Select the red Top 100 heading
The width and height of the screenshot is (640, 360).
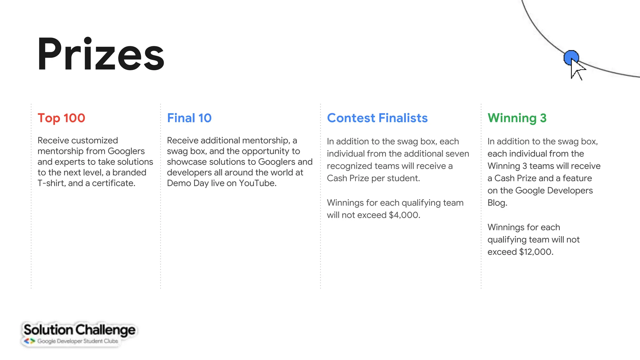pos(61,118)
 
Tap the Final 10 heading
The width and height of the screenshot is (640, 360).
pos(189,118)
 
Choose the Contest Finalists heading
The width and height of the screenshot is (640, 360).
pos(377,118)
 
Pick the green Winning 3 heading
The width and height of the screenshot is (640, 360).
pos(517,118)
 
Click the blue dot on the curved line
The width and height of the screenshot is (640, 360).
pos(571,57)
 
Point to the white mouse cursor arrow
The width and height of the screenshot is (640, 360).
pos(577,70)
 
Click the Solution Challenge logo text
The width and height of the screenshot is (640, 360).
pos(79,330)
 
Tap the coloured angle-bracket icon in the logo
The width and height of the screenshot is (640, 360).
pos(30,341)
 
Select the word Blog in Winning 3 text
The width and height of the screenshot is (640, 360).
pos(497,203)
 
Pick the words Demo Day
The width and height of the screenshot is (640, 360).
pos(187,183)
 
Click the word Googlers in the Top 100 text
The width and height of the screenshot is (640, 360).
pos(126,151)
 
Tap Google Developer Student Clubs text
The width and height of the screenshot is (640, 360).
pos(77,341)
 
